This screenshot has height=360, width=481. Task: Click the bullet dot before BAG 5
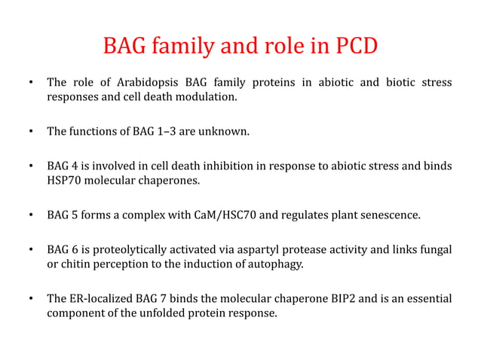tap(31, 216)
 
